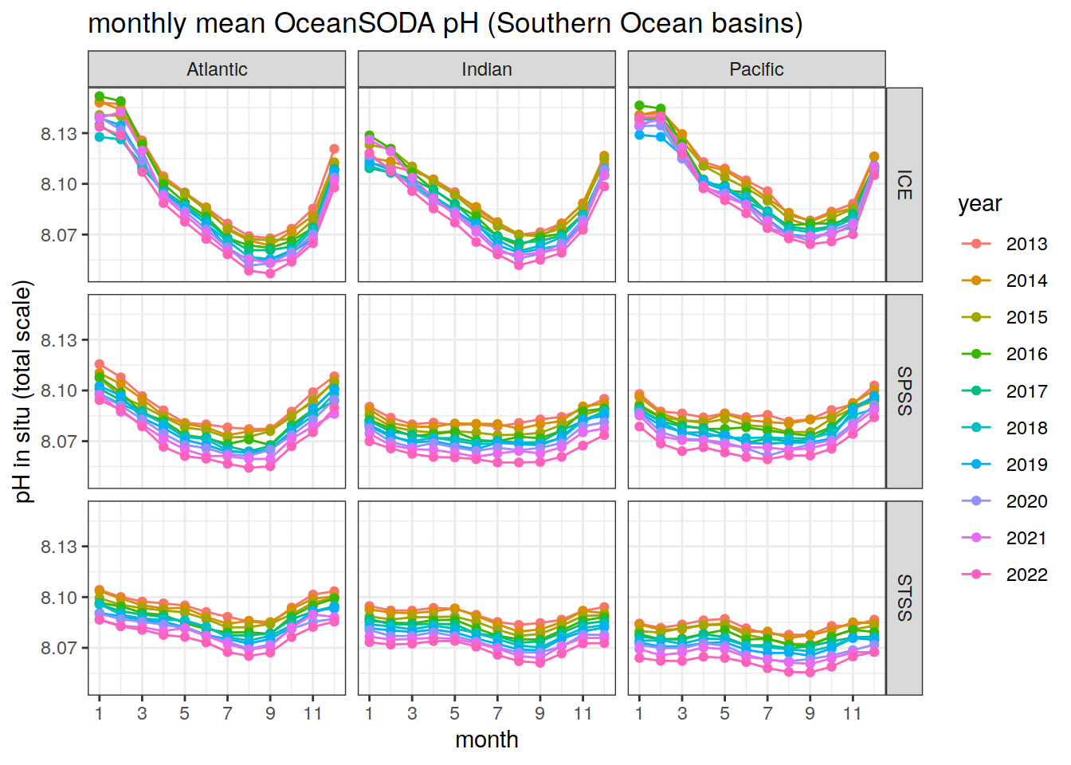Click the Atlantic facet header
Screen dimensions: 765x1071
(x=217, y=69)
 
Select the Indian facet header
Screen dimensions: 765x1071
(x=486, y=69)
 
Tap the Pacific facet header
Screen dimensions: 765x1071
(x=756, y=69)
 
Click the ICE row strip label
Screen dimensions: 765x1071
(x=904, y=185)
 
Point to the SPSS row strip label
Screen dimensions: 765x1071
(x=904, y=391)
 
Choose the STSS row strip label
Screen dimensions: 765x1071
(x=904, y=598)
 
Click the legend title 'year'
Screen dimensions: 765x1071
(x=979, y=204)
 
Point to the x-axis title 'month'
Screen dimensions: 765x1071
(x=486, y=740)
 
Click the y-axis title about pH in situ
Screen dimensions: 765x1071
(x=24, y=391)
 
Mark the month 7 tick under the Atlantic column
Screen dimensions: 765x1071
(x=227, y=713)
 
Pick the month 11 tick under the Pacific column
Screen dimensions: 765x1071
(x=853, y=713)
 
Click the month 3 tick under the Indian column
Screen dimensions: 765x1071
(x=412, y=713)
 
